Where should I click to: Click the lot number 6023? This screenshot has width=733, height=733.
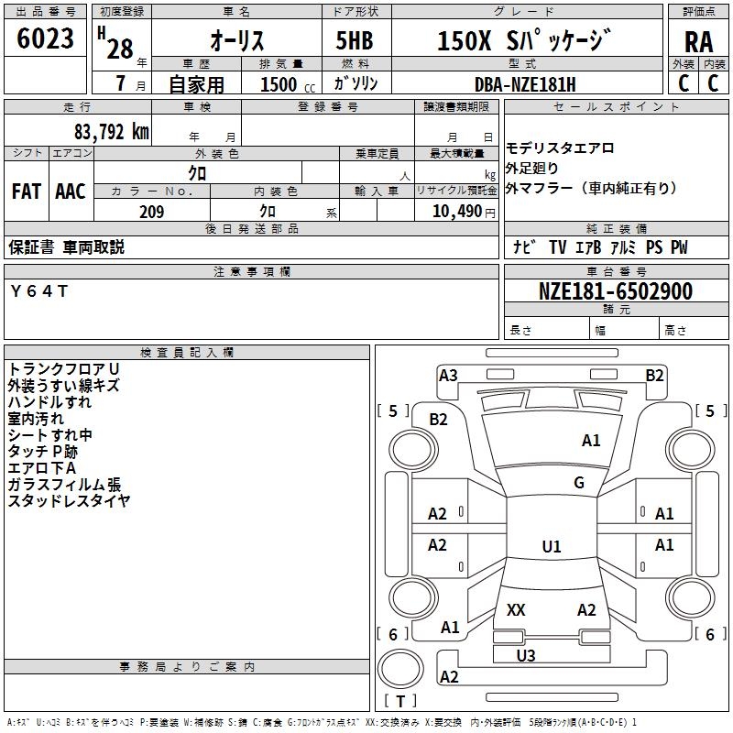(x=46, y=39)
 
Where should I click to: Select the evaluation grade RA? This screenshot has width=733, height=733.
(x=698, y=40)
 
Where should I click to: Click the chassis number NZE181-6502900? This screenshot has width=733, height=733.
(x=615, y=291)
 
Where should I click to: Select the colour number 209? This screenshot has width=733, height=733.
(x=151, y=212)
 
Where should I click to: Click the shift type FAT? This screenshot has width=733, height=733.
(x=26, y=191)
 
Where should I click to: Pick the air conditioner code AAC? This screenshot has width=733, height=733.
(x=71, y=191)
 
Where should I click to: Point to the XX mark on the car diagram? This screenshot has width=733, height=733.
(x=516, y=610)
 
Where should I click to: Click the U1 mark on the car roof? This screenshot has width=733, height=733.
(x=552, y=547)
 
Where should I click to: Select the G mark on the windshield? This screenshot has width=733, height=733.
(x=579, y=483)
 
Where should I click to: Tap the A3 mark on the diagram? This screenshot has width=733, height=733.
(x=448, y=375)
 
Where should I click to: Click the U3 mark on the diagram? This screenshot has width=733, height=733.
(x=526, y=655)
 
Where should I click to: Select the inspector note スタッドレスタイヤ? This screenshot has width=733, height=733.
(x=69, y=500)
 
